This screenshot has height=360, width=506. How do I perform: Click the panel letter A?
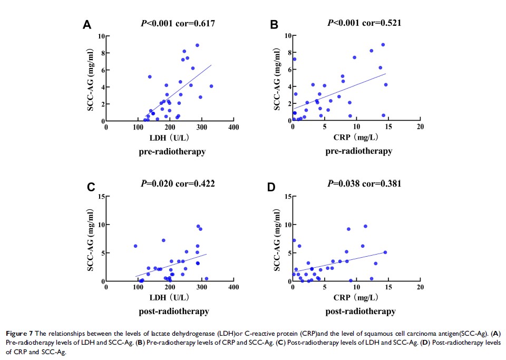point(87,25)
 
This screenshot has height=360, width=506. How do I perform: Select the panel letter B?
point(274,25)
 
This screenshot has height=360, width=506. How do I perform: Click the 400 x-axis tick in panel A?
point(233,128)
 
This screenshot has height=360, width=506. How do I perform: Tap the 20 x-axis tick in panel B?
point(420,128)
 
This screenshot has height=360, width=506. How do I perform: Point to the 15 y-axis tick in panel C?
point(100,196)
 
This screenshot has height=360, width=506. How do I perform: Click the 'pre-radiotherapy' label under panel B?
point(358,151)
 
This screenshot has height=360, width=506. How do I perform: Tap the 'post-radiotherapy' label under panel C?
point(174,311)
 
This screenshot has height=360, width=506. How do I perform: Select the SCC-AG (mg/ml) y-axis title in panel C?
point(90,239)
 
